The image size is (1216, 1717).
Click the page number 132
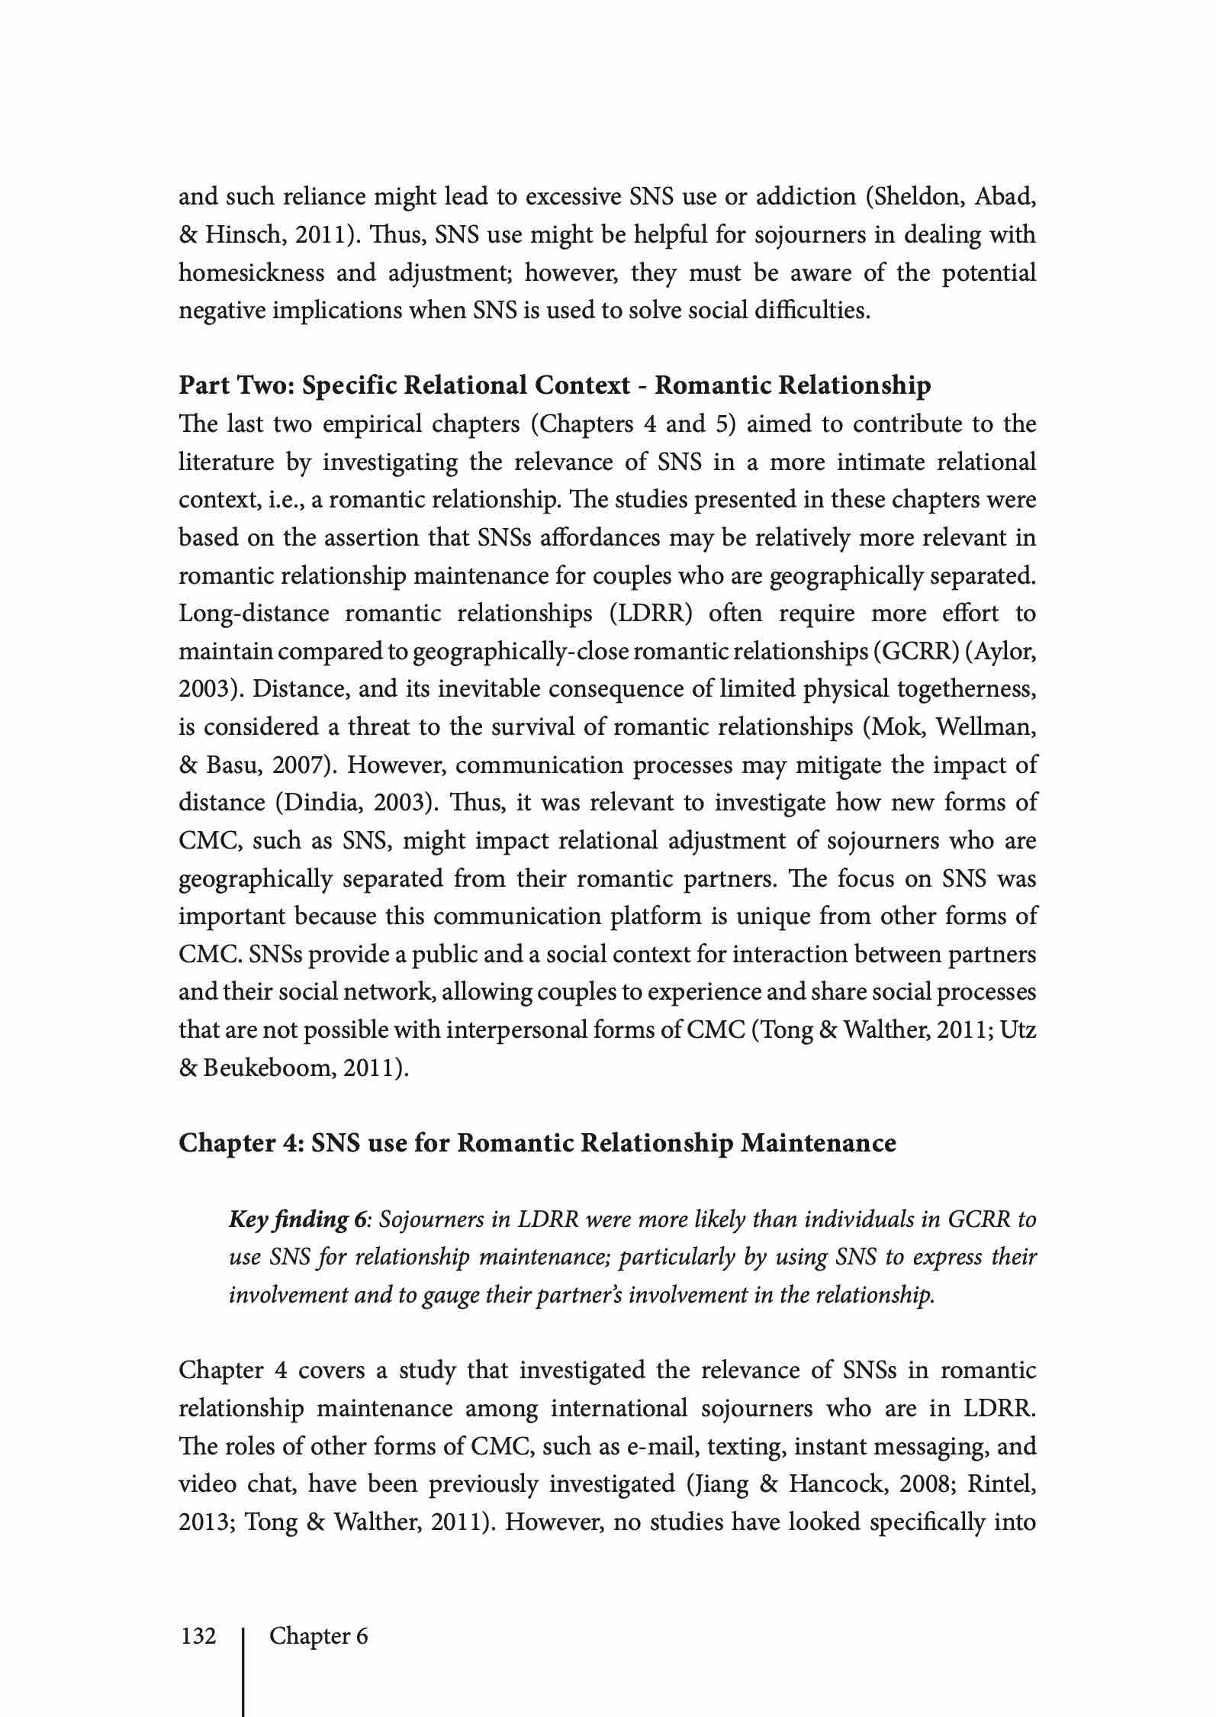click(198, 1636)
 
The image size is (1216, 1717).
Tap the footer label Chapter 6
click(318, 1636)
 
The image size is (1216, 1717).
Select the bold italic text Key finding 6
click(298, 1219)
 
